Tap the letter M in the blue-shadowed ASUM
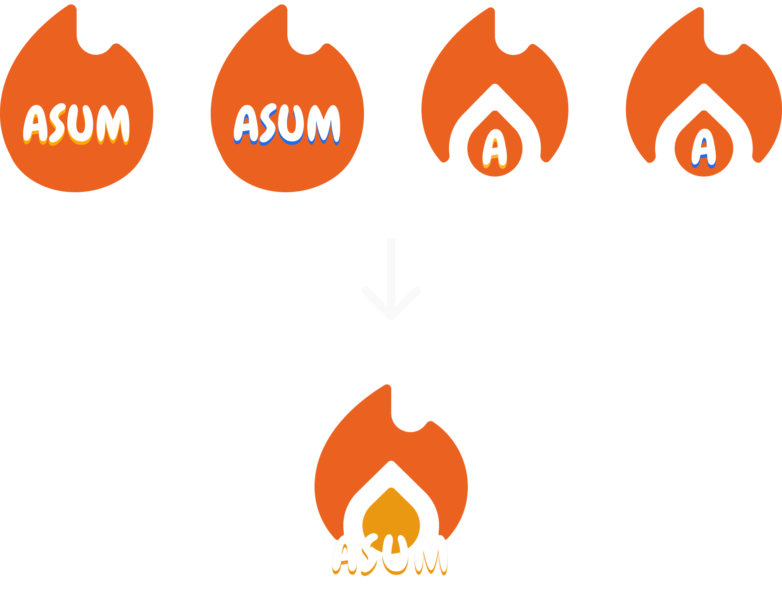(325, 123)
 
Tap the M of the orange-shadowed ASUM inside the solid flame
(114, 123)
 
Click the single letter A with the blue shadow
(703, 148)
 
